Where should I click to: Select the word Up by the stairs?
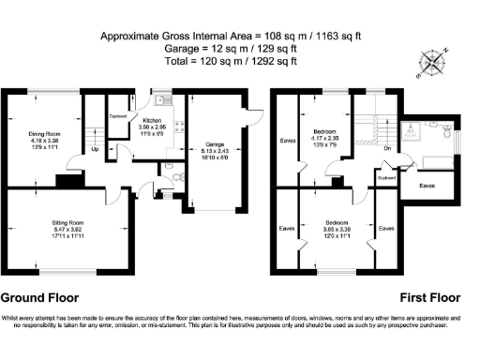[96, 149]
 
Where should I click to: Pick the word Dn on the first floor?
[386, 148]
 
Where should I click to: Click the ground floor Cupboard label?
[119, 116]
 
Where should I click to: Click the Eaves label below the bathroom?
[427, 185]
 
